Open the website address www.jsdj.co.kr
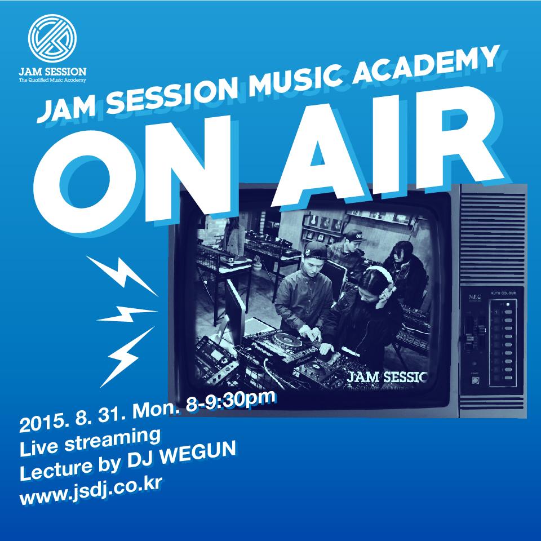coord(91,484)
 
